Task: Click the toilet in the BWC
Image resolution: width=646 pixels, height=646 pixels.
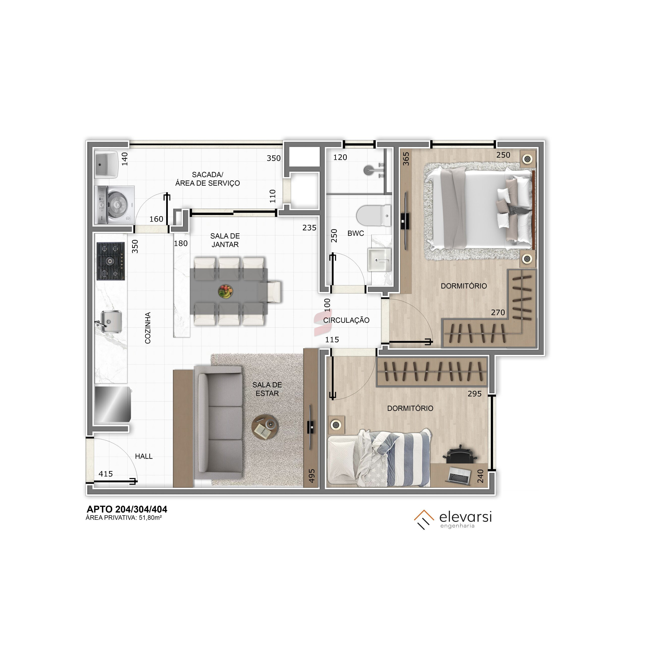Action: tap(373, 216)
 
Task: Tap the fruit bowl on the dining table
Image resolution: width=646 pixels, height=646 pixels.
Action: tap(226, 291)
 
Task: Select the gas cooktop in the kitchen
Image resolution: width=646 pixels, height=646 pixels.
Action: tap(111, 261)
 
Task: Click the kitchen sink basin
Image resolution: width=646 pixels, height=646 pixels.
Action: tap(111, 321)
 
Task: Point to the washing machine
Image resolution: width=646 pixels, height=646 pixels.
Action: tap(115, 205)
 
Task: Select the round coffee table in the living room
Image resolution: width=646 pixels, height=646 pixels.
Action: tap(264, 428)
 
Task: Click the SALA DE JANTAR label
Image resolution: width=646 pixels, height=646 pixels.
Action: tap(225, 240)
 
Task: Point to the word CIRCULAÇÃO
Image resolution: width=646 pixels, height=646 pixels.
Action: tap(346, 320)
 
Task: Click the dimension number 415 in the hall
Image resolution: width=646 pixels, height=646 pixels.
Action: tap(106, 474)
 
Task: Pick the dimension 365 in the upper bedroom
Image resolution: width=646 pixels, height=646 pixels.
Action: tap(406, 159)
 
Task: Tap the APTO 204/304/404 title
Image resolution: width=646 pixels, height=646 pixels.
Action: tap(127, 509)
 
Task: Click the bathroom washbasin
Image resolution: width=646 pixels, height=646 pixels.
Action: tap(380, 259)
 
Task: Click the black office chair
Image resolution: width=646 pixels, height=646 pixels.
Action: tap(461, 454)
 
